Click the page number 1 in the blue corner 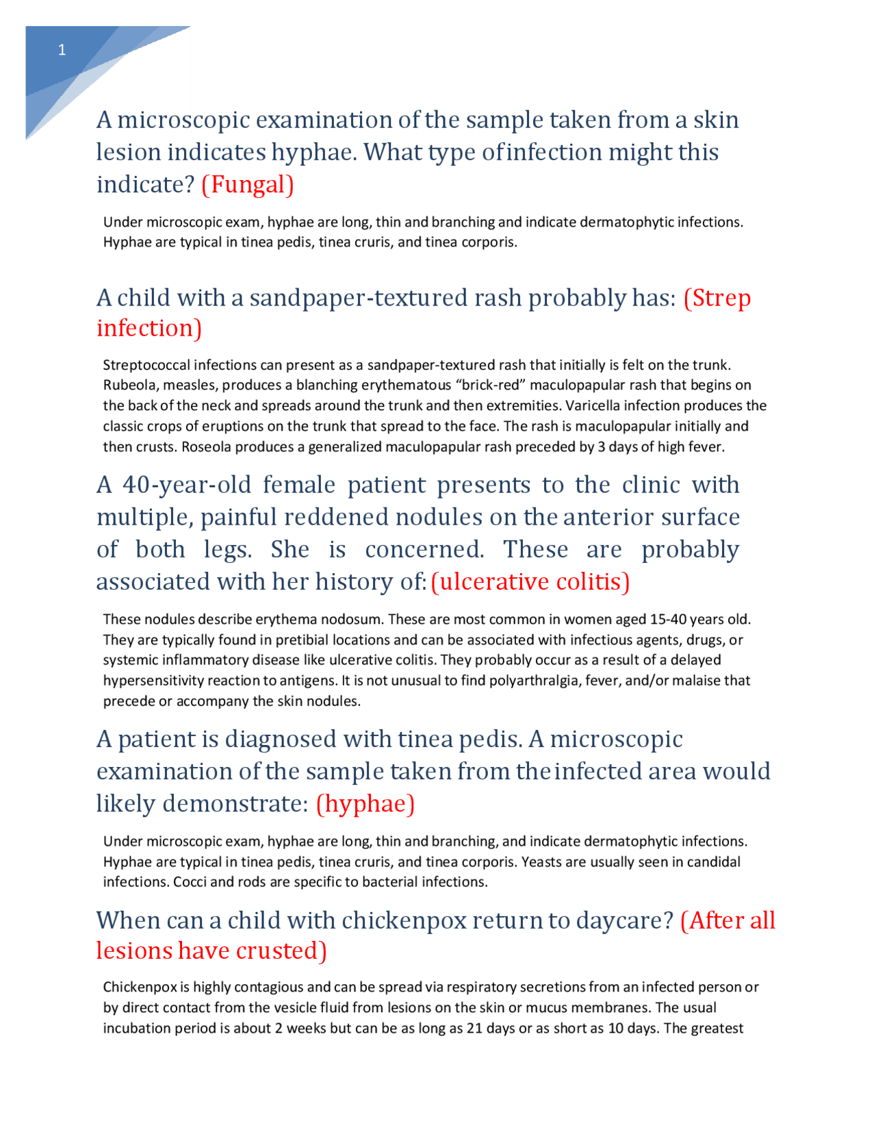(x=62, y=50)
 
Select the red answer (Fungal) (x=248, y=185)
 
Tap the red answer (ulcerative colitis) (x=530, y=582)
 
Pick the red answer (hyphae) (x=365, y=804)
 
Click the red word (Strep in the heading (x=717, y=299)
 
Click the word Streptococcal (x=146, y=365)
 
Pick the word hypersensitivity (x=149, y=681)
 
